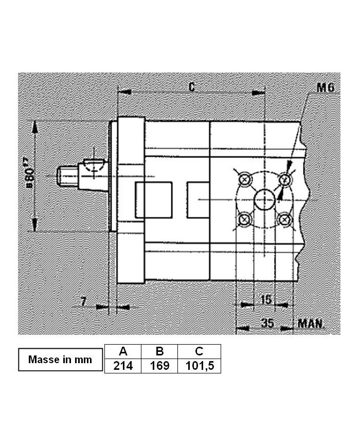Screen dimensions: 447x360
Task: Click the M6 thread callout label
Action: point(325,87)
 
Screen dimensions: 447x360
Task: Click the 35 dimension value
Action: point(267,323)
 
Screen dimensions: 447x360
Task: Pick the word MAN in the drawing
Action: point(310,324)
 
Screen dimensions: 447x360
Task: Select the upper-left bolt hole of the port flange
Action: point(245,180)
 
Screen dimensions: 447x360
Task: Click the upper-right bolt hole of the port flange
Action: point(284,180)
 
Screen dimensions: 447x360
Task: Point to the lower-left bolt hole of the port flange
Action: point(245,220)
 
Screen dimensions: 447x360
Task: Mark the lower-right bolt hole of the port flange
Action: point(284,220)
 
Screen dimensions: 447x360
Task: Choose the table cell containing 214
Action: point(123,366)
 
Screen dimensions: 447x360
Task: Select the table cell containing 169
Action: point(159,366)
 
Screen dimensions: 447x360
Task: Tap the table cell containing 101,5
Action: point(199,366)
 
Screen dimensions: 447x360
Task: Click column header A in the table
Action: point(123,352)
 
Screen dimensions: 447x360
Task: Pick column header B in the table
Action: point(159,352)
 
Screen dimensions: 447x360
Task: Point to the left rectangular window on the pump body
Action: point(153,200)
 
